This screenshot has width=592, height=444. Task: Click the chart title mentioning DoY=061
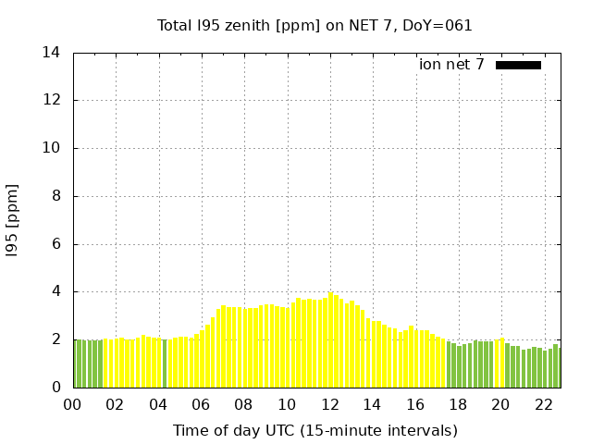(x=314, y=26)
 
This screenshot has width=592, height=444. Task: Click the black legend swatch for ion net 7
(x=518, y=65)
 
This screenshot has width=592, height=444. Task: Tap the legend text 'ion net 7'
(x=451, y=65)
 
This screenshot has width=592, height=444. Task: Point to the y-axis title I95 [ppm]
(x=12, y=220)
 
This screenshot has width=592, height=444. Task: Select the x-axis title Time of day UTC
(x=314, y=430)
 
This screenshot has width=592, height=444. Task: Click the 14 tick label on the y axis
(x=52, y=53)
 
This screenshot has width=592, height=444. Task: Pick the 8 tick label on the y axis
(x=56, y=196)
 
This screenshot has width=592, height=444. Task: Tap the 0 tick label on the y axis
(x=56, y=388)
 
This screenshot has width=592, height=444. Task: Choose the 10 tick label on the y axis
(x=52, y=148)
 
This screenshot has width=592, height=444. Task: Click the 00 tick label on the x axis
(x=72, y=404)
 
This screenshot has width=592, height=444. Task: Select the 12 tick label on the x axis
(x=330, y=404)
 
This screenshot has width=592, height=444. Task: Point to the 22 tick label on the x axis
(x=545, y=404)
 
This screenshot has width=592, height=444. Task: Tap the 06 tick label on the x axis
(x=202, y=404)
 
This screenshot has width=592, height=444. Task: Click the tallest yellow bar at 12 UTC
(x=331, y=340)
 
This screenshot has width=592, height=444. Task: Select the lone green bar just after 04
(x=165, y=364)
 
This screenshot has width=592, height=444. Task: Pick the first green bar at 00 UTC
(x=76, y=364)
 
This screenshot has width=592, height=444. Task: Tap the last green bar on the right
(x=556, y=366)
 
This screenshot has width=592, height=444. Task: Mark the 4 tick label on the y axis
(x=56, y=291)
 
